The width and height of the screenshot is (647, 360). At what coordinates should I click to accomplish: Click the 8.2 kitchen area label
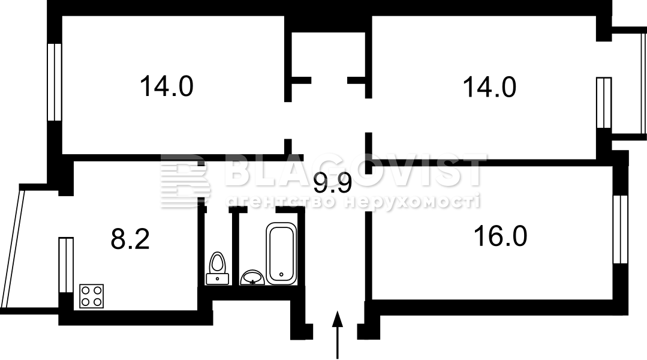130,239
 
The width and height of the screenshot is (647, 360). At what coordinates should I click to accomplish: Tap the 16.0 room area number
501,236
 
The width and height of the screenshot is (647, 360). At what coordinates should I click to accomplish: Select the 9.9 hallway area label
332,184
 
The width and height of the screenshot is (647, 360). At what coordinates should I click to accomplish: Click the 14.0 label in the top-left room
166,86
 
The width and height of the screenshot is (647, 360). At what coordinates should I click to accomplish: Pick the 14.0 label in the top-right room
489,87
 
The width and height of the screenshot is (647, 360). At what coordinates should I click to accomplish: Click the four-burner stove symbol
91,296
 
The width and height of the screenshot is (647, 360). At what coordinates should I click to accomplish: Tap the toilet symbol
217,268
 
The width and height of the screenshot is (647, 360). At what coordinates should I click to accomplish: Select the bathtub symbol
281,253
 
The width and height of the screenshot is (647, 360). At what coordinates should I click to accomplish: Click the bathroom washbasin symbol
252,277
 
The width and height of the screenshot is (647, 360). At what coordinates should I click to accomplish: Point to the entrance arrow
338,334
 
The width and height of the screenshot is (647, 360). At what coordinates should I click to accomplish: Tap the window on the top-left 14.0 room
55,82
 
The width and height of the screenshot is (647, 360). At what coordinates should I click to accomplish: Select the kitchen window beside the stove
66,265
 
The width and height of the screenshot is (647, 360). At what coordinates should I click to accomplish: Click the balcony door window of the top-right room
604,103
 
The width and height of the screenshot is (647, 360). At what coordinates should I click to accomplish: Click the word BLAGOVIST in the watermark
355,170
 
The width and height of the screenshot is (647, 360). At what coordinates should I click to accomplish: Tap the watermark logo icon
186,180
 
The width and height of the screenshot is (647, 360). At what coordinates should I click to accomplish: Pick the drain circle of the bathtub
281,274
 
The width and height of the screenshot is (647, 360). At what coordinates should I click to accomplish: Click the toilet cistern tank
217,278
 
